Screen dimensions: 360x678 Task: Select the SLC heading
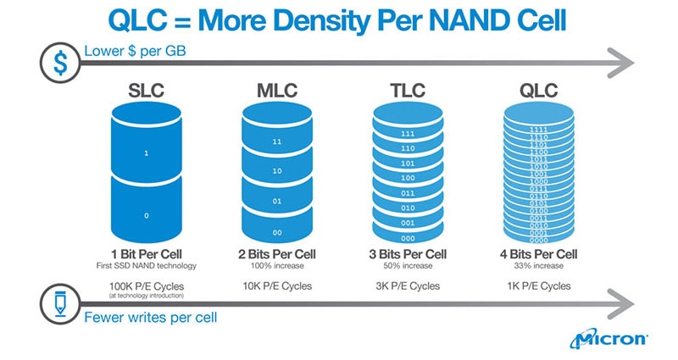click(x=146, y=90)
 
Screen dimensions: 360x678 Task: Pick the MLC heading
click(x=278, y=90)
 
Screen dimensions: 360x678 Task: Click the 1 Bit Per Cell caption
click(x=146, y=254)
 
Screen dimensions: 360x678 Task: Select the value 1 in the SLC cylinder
click(x=146, y=153)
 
